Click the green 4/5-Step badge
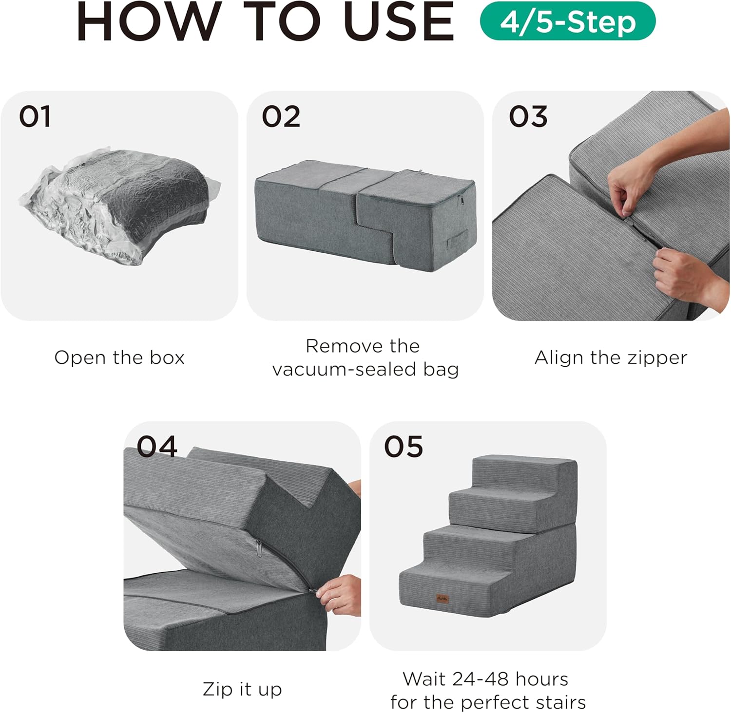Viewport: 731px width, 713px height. [x=568, y=21]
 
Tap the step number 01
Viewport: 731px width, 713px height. [x=35, y=117]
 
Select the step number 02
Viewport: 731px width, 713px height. [x=281, y=117]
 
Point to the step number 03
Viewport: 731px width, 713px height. [x=528, y=117]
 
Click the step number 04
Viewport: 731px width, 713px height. [x=156, y=447]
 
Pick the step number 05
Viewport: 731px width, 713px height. [x=403, y=447]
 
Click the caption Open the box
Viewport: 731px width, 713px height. [x=119, y=358]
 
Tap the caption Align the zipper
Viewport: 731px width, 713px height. [x=611, y=358]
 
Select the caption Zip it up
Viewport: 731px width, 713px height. [x=242, y=689]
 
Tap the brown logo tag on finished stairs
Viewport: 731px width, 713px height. [x=442, y=599]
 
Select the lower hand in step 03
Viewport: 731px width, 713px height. [x=682, y=278]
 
